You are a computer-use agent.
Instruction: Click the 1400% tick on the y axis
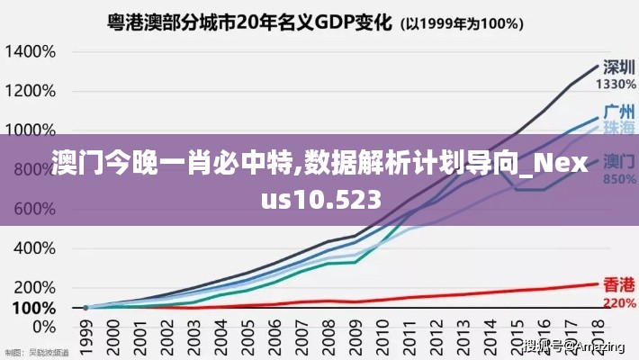(31, 51)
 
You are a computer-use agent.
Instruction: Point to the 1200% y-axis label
(31, 91)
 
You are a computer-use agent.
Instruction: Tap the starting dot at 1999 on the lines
(86, 308)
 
